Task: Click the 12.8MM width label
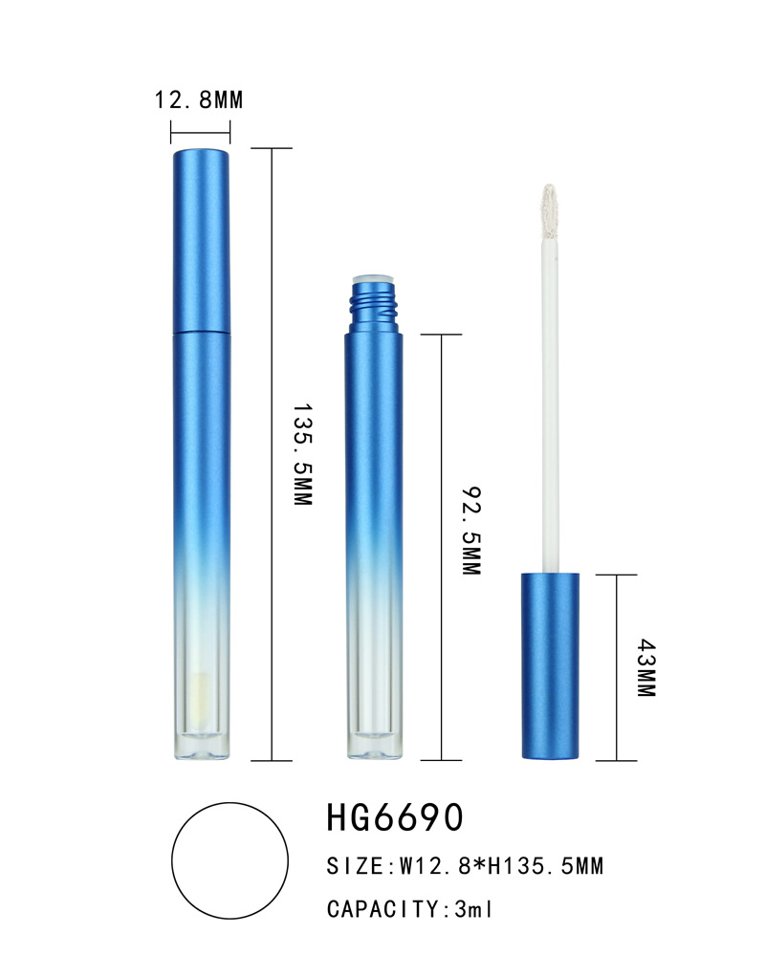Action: click(198, 99)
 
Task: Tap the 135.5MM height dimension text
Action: click(302, 454)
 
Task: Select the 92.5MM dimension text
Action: click(471, 531)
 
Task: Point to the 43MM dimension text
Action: click(646, 667)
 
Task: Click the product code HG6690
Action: click(395, 817)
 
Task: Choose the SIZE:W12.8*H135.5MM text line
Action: click(465, 866)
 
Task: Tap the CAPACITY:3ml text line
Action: click(409, 909)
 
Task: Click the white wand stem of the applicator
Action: click(550, 405)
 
